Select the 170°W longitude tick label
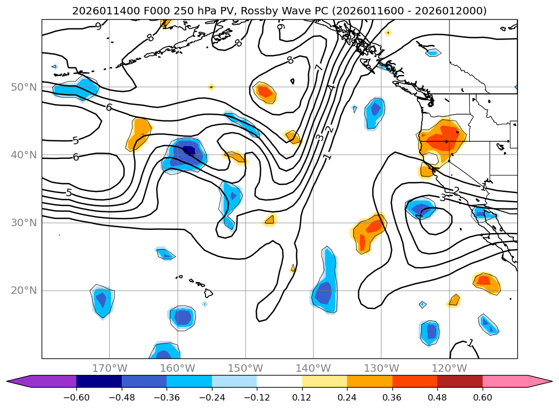(109, 368)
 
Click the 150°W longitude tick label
(246, 368)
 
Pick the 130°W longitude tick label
(381, 368)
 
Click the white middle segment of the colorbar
(279, 381)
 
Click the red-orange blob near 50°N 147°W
(265, 92)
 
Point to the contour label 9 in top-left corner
(98, 26)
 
